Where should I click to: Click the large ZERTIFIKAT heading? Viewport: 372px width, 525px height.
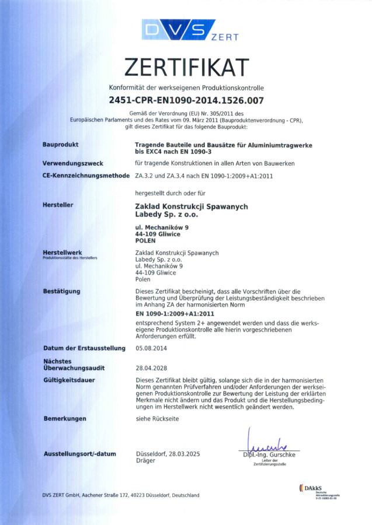click(x=186, y=68)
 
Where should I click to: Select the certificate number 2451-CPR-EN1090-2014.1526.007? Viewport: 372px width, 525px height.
click(x=186, y=100)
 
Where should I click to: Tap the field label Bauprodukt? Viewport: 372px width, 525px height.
click(x=60, y=143)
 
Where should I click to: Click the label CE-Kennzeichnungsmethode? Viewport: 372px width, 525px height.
click(x=85, y=175)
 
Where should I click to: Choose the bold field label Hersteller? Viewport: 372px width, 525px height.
click(x=57, y=205)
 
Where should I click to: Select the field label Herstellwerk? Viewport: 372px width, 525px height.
click(x=62, y=252)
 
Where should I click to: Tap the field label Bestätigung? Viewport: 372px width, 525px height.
click(x=62, y=290)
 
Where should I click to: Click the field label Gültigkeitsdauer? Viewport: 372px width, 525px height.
click(x=69, y=380)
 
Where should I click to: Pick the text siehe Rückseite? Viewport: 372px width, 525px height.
click(x=157, y=418)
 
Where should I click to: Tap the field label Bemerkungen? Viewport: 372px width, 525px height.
click(x=64, y=418)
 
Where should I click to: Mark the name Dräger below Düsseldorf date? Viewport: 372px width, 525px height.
click(x=145, y=461)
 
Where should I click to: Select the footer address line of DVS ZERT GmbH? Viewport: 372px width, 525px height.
click(x=120, y=495)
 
